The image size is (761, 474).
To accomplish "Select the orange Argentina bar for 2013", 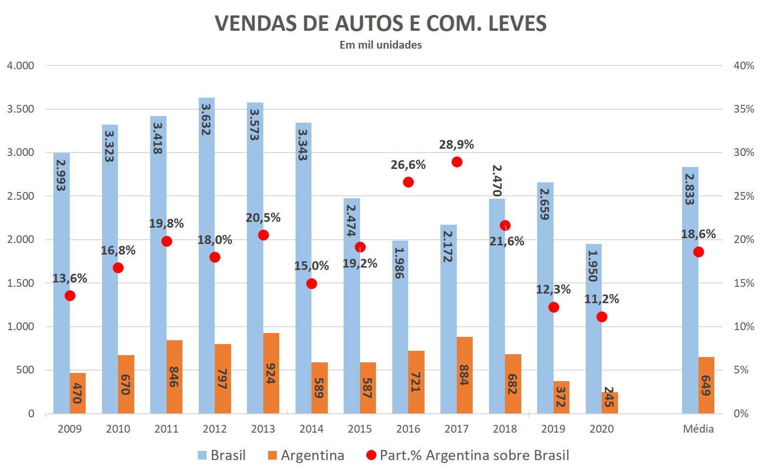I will [271, 373].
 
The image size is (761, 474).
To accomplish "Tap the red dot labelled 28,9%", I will [457, 162].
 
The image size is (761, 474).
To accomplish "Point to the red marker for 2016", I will [408, 182].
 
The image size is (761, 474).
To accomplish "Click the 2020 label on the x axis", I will [602, 429].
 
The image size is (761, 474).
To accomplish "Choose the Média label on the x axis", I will [698, 429].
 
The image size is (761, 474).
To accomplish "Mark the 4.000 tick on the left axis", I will [20, 65].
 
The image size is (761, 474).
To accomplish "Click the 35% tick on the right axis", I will [743, 109].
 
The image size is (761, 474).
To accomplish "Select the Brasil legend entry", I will [222, 455].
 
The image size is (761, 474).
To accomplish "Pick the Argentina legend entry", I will [306, 455].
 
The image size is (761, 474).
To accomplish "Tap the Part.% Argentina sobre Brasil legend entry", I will [468, 455].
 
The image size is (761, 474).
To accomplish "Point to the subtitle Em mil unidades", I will [380, 45].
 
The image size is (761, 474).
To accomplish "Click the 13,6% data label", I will [69, 279].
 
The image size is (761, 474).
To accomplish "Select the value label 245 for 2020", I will [609, 397].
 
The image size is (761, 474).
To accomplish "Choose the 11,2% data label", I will [601, 299].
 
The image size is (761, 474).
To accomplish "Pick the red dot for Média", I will [698, 252].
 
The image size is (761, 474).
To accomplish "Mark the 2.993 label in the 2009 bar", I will [61, 175].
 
